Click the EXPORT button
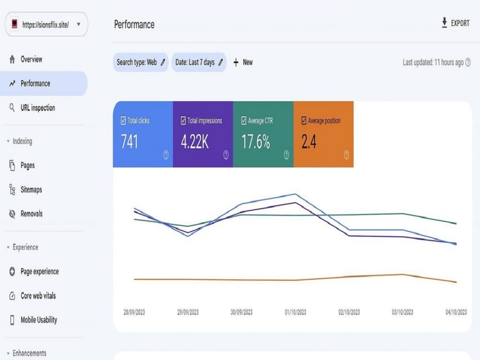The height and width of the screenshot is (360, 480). [x=456, y=23]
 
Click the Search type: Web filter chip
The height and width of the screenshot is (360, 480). [x=141, y=62]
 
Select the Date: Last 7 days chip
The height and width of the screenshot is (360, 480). [x=199, y=62]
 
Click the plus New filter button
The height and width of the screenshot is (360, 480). [x=243, y=62]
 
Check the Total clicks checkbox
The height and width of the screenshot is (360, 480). [x=123, y=120]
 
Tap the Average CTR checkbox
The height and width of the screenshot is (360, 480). [x=244, y=120]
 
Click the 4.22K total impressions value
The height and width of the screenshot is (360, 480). [x=195, y=142]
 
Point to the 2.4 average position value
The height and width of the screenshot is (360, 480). [x=309, y=142]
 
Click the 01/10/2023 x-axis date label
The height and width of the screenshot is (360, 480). [x=295, y=312]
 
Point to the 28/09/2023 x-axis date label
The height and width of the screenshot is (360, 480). [x=134, y=312]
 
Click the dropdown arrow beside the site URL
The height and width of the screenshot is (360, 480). [x=79, y=24]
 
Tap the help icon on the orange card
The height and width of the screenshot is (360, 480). [x=346, y=155]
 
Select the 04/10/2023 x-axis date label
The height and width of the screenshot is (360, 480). [x=456, y=312]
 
